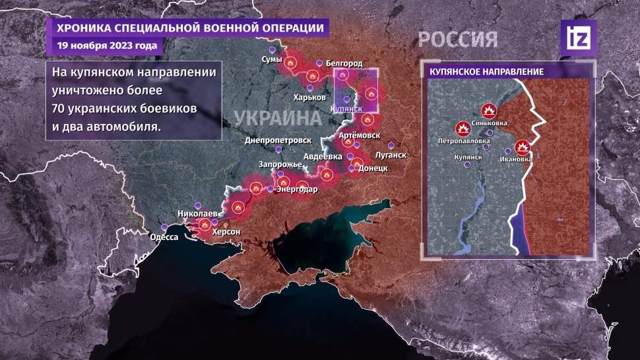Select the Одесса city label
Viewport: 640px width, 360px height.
click(x=164, y=237)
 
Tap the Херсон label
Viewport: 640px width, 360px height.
click(x=226, y=232)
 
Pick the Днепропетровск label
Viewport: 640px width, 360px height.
click(x=278, y=140)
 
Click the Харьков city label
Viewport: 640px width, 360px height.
click(x=309, y=97)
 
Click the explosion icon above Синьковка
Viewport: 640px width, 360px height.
click(x=488, y=111)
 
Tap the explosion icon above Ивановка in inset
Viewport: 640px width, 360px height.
click(x=523, y=146)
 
